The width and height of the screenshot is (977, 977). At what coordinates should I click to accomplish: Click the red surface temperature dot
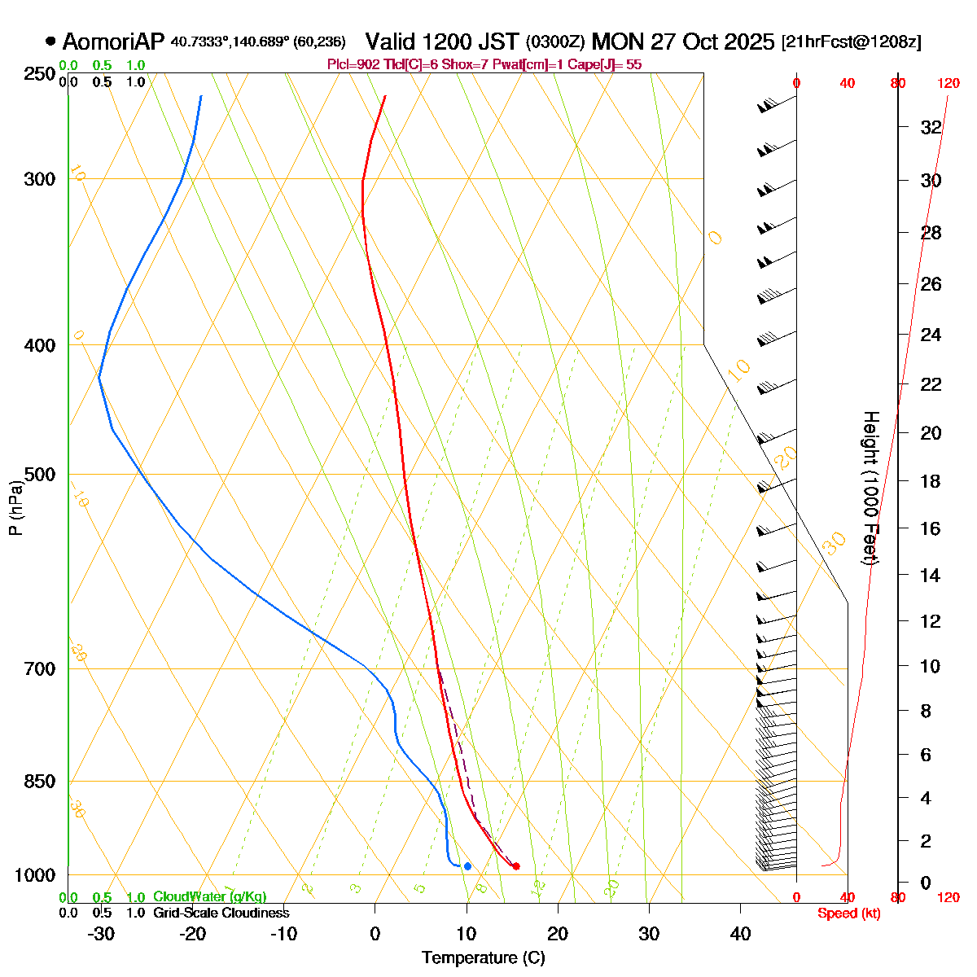click(x=516, y=865)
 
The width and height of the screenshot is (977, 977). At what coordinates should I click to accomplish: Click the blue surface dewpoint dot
click(x=467, y=865)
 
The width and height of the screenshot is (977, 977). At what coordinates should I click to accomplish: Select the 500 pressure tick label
click(x=39, y=475)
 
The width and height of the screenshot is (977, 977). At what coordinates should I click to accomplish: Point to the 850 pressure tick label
click(x=39, y=782)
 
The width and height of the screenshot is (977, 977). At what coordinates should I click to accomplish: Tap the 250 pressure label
click(x=39, y=74)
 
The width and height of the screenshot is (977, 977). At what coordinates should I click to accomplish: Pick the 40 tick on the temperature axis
click(x=740, y=934)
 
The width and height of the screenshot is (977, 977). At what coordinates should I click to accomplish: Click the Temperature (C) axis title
click(x=484, y=958)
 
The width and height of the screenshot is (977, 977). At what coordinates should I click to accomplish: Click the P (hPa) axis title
click(x=15, y=507)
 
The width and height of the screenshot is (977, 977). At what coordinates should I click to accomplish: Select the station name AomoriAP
click(x=113, y=42)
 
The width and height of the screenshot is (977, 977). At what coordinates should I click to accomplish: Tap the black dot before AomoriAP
click(x=50, y=41)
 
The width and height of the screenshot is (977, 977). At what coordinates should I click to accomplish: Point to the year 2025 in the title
click(x=747, y=42)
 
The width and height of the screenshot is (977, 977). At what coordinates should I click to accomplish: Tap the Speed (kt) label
click(x=849, y=913)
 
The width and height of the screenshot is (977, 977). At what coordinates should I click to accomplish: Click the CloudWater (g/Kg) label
click(x=210, y=896)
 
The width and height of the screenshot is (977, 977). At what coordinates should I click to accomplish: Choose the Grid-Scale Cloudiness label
click(x=221, y=913)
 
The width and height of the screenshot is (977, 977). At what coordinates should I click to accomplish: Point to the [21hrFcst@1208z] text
click(x=852, y=42)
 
